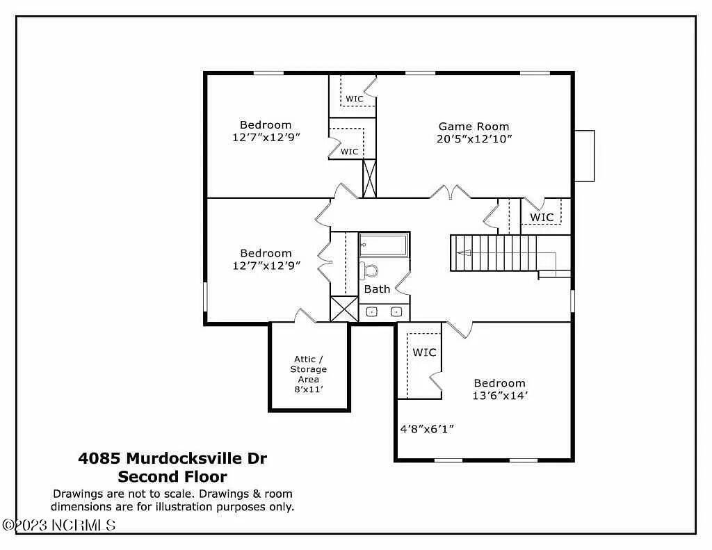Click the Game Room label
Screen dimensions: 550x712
pyautogui.click(x=474, y=127)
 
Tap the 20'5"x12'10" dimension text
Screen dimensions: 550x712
pyautogui.click(x=474, y=139)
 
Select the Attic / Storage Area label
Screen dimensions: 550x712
pyautogui.click(x=308, y=369)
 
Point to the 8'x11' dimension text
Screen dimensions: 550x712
pyautogui.click(x=308, y=389)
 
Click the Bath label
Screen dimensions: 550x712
pyautogui.click(x=377, y=289)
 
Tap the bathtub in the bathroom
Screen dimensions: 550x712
pyautogui.click(x=384, y=245)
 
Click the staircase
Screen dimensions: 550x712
pyautogui.click(x=494, y=253)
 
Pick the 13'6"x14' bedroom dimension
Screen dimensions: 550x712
pyautogui.click(x=499, y=396)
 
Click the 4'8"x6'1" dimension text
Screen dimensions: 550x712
pyautogui.click(x=426, y=429)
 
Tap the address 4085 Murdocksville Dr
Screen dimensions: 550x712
pyautogui.click(x=172, y=458)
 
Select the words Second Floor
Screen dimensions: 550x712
pyautogui.click(x=172, y=477)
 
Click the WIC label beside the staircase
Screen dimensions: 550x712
pyautogui.click(x=542, y=217)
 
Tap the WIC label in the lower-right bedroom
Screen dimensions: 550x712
pyautogui.click(x=424, y=353)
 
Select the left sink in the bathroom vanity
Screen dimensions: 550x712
pyautogui.click(x=371, y=312)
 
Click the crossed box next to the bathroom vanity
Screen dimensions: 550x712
pyautogui.click(x=344, y=309)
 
